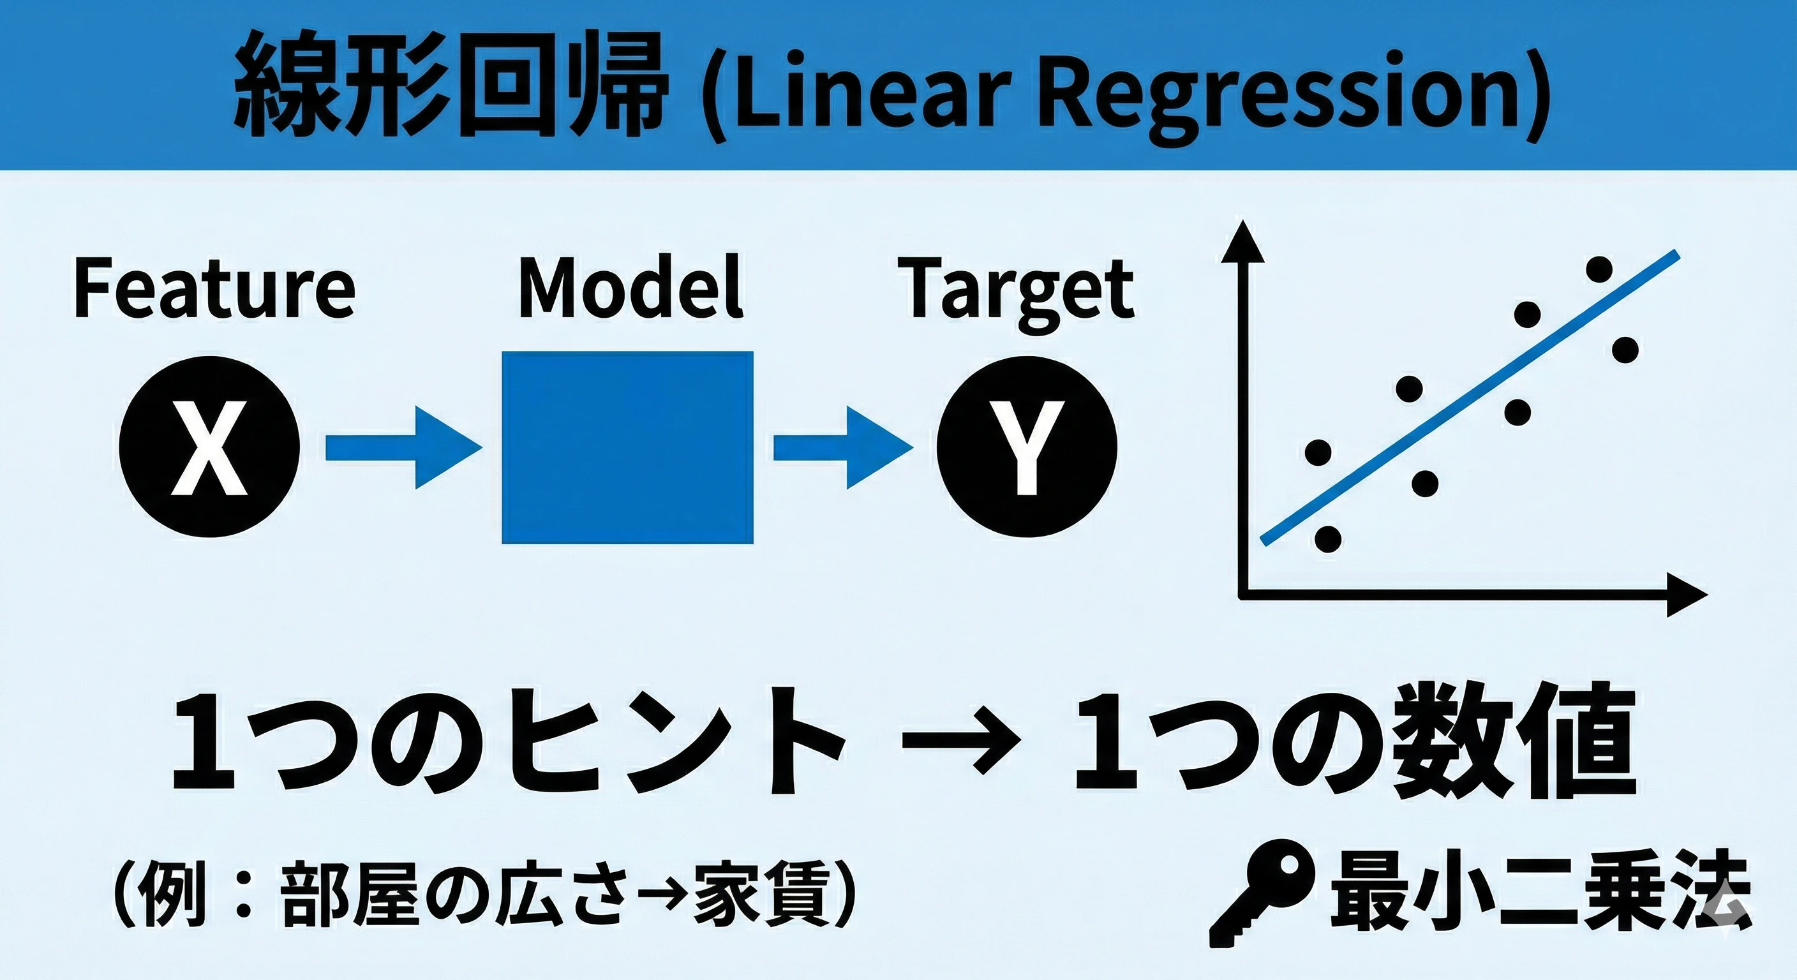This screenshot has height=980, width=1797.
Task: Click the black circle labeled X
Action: pyautogui.click(x=210, y=447)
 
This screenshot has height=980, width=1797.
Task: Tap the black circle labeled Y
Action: pyautogui.click(x=1027, y=447)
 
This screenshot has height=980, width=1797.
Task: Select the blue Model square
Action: pyautogui.click(x=628, y=447)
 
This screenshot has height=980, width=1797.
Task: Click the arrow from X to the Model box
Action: pyautogui.click(x=404, y=447)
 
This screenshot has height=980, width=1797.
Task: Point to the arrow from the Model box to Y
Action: pyautogui.click(x=843, y=447)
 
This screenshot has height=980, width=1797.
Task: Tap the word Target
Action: pyautogui.click(x=1019, y=293)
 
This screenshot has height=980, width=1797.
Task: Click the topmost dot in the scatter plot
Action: pyautogui.click(x=1600, y=269)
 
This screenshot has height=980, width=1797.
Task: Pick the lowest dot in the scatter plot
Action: pyautogui.click(x=1327, y=538)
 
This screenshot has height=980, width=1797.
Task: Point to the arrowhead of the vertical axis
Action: pyautogui.click(x=1242, y=239)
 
